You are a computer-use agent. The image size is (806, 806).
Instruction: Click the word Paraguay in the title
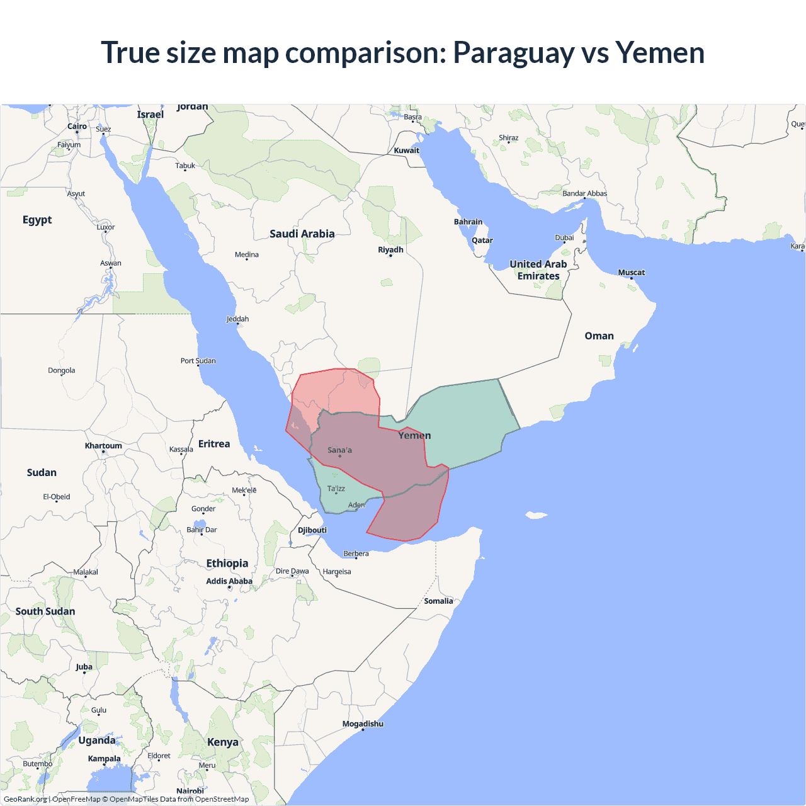(513, 53)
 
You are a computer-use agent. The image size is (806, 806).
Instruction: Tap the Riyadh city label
(390, 250)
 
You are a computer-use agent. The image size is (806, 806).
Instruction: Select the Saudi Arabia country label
(302, 234)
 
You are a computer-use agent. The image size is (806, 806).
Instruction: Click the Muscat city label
(631, 273)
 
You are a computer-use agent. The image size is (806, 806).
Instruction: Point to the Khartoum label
(103, 446)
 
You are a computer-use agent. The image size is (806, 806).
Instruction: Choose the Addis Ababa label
(229, 581)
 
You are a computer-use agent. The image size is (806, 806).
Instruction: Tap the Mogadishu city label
(363, 724)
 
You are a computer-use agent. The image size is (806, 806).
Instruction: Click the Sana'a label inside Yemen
(339, 450)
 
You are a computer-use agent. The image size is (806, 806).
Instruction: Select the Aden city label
(356, 505)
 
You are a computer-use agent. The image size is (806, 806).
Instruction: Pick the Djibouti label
(312, 530)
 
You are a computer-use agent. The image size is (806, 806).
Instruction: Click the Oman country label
(599, 336)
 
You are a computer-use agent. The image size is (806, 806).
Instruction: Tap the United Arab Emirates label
(538, 270)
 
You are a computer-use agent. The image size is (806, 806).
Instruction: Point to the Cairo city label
(77, 127)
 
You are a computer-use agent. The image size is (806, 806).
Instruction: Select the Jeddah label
(237, 319)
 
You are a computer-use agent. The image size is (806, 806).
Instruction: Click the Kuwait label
(406, 150)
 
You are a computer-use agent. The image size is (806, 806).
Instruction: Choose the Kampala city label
(104, 759)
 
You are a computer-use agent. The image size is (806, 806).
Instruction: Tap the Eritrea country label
(214, 444)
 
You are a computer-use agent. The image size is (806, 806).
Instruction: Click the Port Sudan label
(198, 361)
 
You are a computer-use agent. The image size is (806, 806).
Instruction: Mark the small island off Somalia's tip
(536, 516)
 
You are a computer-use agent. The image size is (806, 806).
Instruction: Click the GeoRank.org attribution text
(25, 799)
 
